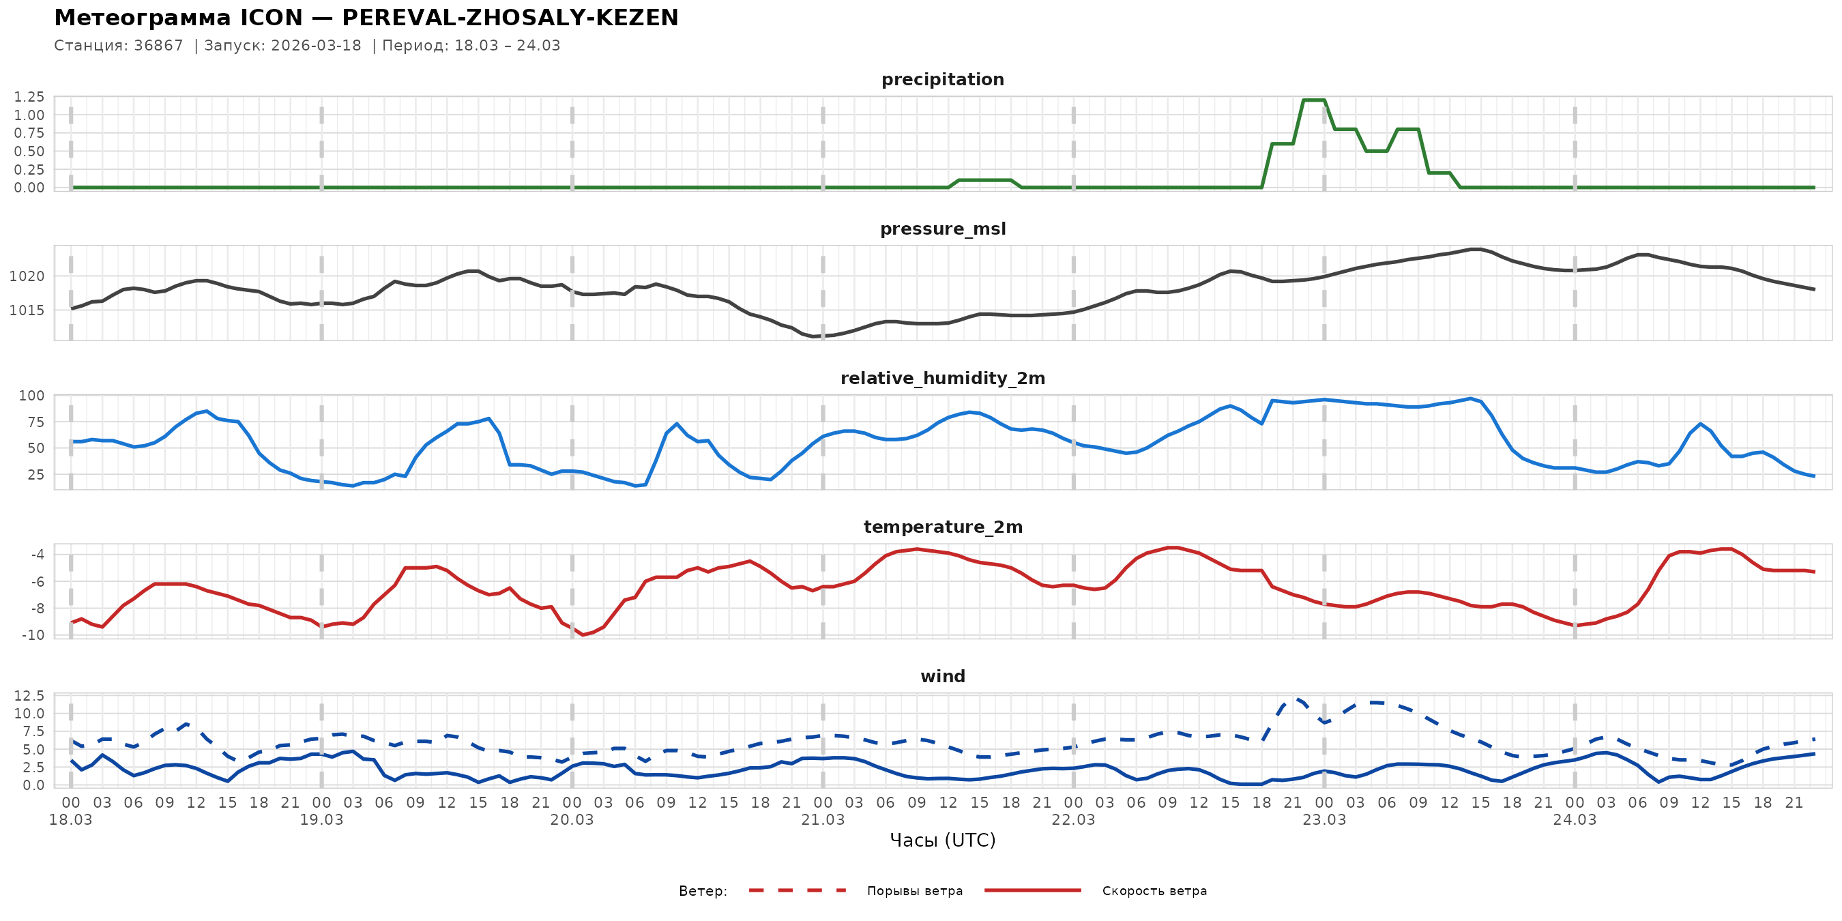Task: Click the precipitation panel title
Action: point(942,79)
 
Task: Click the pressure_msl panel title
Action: point(942,229)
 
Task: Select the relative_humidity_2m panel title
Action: point(942,378)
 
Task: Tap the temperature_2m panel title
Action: point(942,527)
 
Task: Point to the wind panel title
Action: point(942,677)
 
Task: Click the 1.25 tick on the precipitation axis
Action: point(29,96)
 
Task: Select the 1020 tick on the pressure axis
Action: point(27,276)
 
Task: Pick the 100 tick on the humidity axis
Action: point(31,396)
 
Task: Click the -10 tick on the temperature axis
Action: point(33,635)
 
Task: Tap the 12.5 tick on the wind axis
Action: point(29,696)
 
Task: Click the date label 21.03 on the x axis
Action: point(822,820)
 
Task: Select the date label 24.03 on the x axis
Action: point(1575,820)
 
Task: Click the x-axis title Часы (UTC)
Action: point(942,840)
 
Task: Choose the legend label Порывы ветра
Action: point(915,891)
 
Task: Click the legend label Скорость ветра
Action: point(1154,891)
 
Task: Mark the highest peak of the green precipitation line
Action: point(1313,100)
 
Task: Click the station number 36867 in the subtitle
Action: point(158,46)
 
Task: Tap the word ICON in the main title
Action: point(272,18)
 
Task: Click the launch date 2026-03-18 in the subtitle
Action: point(316,46)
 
